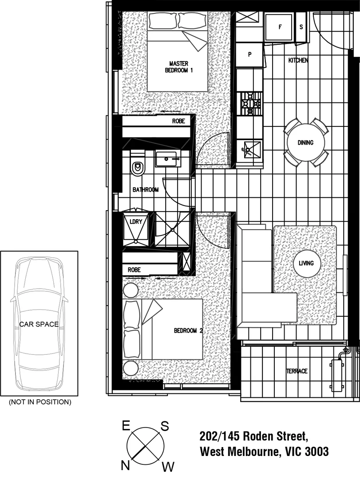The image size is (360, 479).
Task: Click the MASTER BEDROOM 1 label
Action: click(x=178, y=67)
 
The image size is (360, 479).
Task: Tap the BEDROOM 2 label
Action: click(x=188, y=331)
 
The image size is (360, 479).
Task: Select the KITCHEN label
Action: click(x=298, y=60)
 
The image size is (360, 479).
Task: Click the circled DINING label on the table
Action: click(x=305, y=143)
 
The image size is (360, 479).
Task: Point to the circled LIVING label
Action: click(x=306, y=263)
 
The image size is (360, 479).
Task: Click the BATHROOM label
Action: click(x=146, y=190)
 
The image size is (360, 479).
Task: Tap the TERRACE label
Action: click(x=297, y=371)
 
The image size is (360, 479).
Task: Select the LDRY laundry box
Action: click(x=135, y=222)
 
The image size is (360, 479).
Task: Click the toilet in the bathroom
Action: click(x=138, y=167)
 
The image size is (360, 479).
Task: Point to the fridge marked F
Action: click(x=280, y=27)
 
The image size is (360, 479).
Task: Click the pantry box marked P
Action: click(x=249, y=55)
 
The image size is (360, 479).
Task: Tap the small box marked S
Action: click(x=301, y=27)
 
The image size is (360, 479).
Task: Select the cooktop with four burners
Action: click(x=250, y=103)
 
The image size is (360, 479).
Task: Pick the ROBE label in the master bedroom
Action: click(x=178, y=121)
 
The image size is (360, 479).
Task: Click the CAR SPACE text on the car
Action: click(x=39, y=324)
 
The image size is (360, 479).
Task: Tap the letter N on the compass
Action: click(x=125, y=465)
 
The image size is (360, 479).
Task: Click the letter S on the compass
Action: click(x=164, y=426)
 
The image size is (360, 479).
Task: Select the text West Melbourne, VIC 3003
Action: click(x=265, y=452)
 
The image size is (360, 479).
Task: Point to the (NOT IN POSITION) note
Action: click(x=40, y=402)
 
